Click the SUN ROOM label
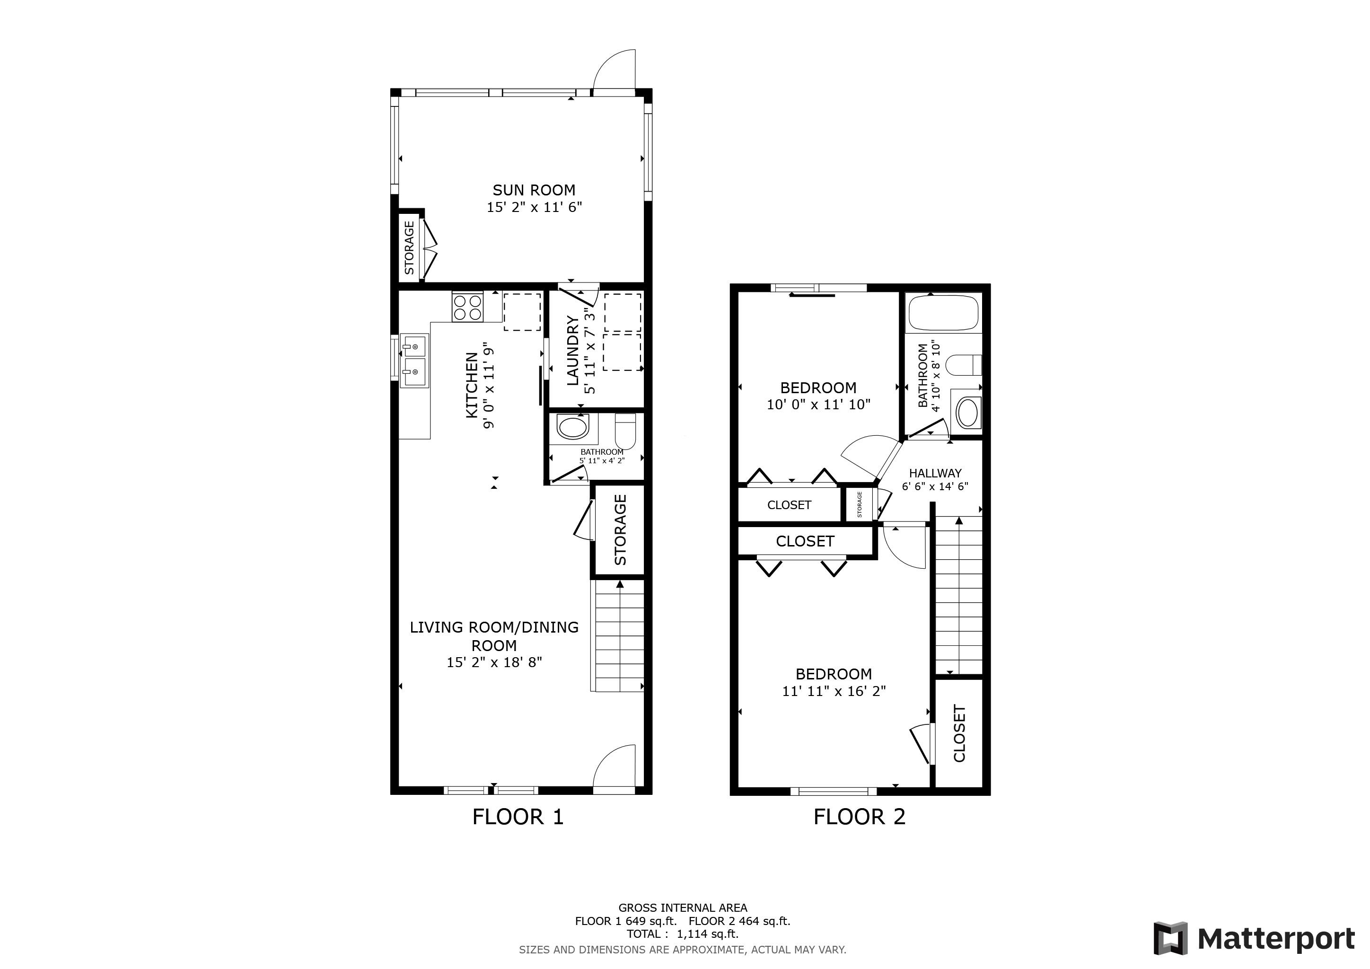click(534, 190)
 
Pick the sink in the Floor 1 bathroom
click(573, 427)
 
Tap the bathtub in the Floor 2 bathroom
click(943, 313)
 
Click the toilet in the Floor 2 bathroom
click(964, 365)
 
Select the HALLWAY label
click(935, 473)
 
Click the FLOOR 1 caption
click(518, 816)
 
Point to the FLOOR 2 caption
click(859, 816)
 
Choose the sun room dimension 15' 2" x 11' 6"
click(534, 208)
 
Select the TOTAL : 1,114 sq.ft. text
click(683, 934)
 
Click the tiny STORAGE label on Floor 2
click(859, 504)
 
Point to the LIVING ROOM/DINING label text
click(494, 627)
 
